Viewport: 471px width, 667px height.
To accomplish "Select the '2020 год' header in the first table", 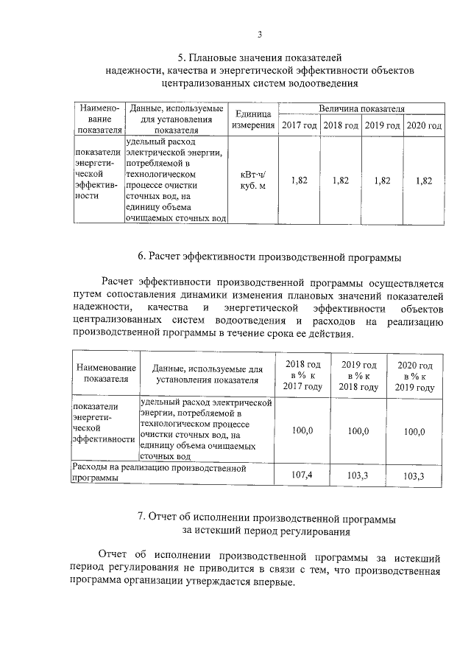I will click(x=425, y=126).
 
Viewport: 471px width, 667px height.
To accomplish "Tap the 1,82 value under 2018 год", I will click(x=340, y=180).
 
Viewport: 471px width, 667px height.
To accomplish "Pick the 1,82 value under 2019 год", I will click(x=382, y=180).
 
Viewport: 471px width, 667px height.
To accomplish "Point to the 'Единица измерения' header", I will click(x=253, y=120).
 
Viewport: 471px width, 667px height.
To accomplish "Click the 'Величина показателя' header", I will click(x=361, y=108).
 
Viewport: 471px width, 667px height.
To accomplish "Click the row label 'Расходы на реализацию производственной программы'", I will click(x=157, y=472).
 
